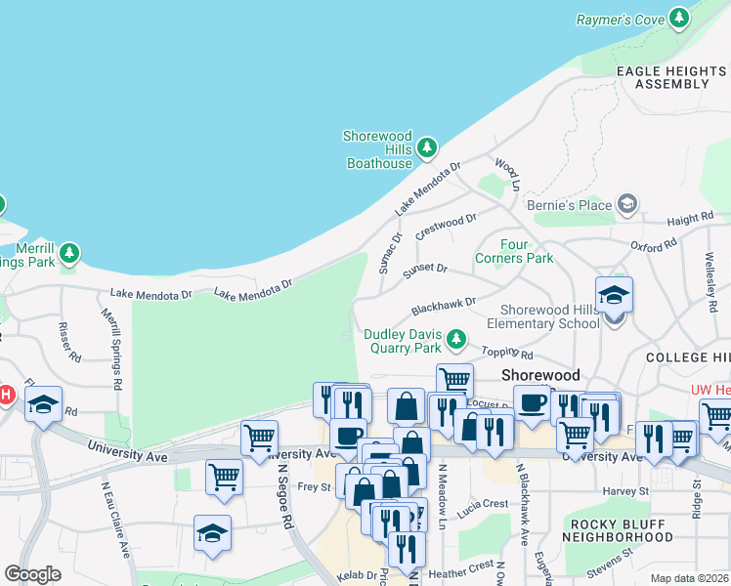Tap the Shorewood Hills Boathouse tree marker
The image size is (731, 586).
426,148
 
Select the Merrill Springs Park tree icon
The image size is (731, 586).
68,254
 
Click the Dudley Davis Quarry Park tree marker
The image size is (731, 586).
455,340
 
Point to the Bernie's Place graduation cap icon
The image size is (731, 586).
626,204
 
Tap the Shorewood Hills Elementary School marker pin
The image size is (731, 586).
614,297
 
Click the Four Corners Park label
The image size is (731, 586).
514,251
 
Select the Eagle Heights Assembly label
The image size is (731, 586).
671,78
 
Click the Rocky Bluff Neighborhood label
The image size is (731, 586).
605,528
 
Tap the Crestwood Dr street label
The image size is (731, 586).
446,228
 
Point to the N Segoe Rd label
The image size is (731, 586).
284,495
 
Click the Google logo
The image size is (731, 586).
32,574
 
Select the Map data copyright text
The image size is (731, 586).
689,578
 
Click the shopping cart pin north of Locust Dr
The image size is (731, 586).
454,381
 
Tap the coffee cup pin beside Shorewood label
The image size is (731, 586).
533,401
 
